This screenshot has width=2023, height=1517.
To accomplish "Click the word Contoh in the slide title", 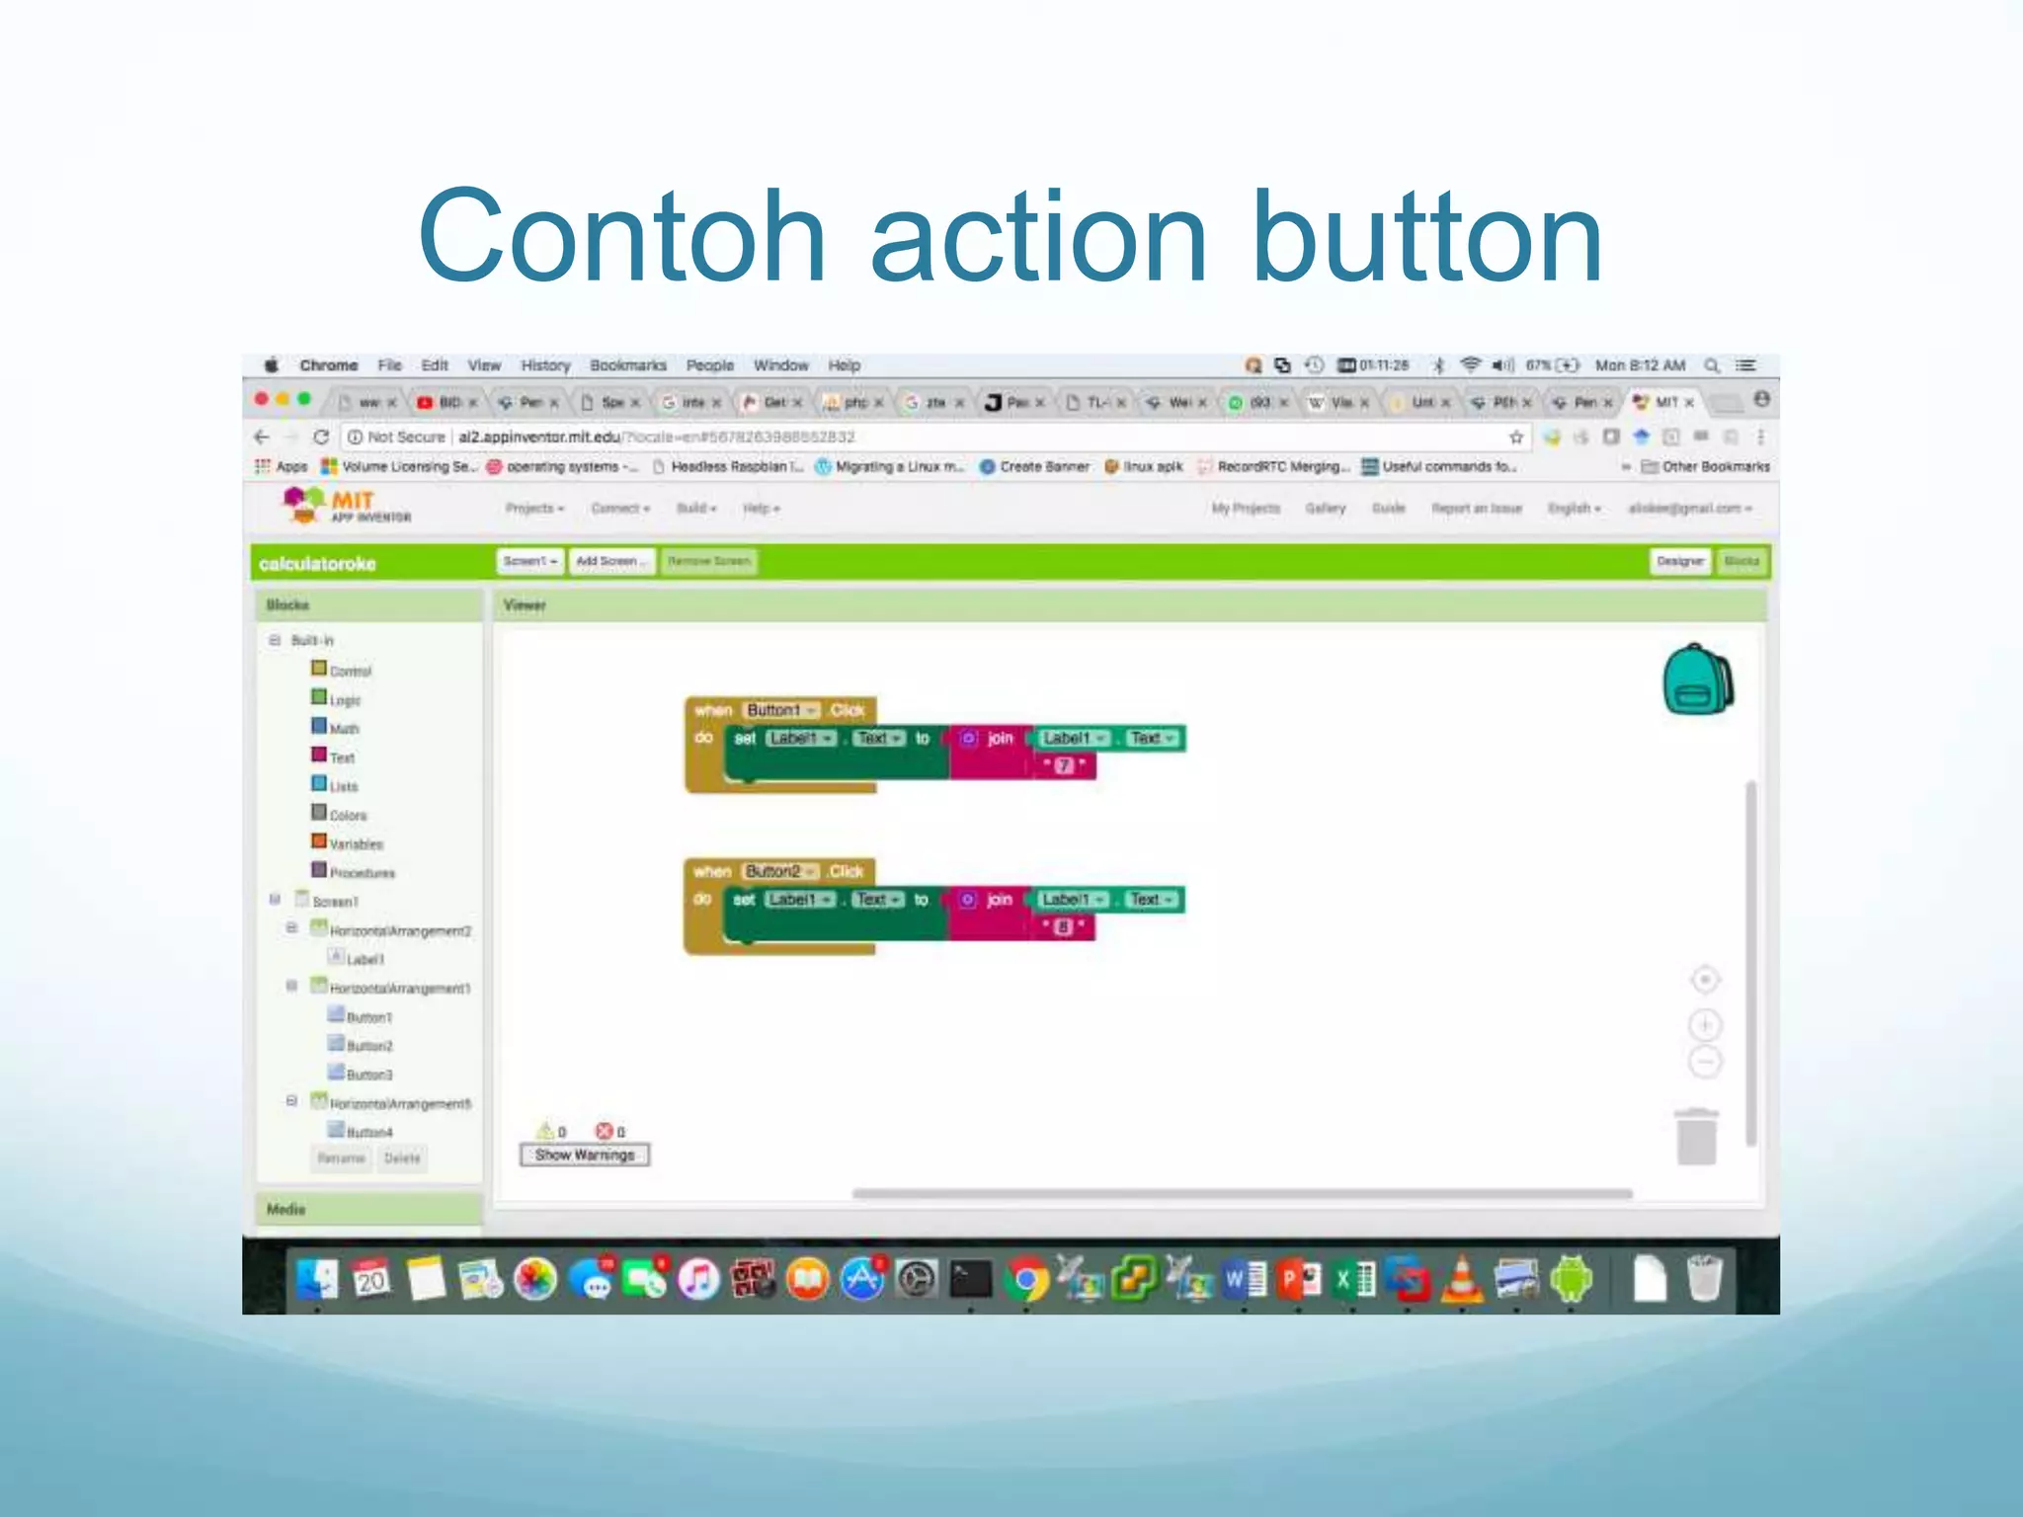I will pyautogui.click(x=621, y=237).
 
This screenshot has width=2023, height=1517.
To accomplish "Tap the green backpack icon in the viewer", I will pyautogui.click(x=1697, y=679).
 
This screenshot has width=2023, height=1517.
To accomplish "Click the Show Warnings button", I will pyautogui.click(x=585, y=1155).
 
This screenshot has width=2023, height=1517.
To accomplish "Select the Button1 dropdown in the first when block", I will pyautogui.click(x=781, y=710).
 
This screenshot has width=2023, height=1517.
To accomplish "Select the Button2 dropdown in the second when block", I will pyautogui.click(x=780, y=871).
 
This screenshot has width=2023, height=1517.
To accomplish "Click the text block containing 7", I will pyautogui.click(x=1064, y=765).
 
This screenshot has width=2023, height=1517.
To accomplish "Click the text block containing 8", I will pyautogui.click(x=1063, y=926).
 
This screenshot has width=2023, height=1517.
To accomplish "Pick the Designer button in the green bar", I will pyautogui.click(x=1680, y=561).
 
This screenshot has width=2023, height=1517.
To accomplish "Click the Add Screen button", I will pyautogui.click(x=611, y=561).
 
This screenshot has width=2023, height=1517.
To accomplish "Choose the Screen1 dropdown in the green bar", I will pyautogui.click(x=529, y=561).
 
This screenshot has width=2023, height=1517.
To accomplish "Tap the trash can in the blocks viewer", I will pyautogui.click(x=1696, y=1137).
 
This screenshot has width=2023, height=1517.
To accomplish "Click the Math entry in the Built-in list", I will pyautogui.click(x=344, y=729).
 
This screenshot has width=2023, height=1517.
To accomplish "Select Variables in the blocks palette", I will pyautogui.click(x=356, y=844).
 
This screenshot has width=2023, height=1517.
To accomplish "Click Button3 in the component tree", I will pyautogui.click(x=368, y=1075).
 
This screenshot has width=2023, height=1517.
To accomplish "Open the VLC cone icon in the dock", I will pyautogui.click(x=1462, y=1280).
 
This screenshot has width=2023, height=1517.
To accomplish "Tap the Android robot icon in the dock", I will pyautogui.click(x=1571, y=1280).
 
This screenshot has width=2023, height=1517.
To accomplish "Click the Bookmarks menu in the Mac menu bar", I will pyautogui.click(x=628, y=365).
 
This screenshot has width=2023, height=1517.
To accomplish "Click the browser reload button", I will pyautogui.click(x=321, y=437).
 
